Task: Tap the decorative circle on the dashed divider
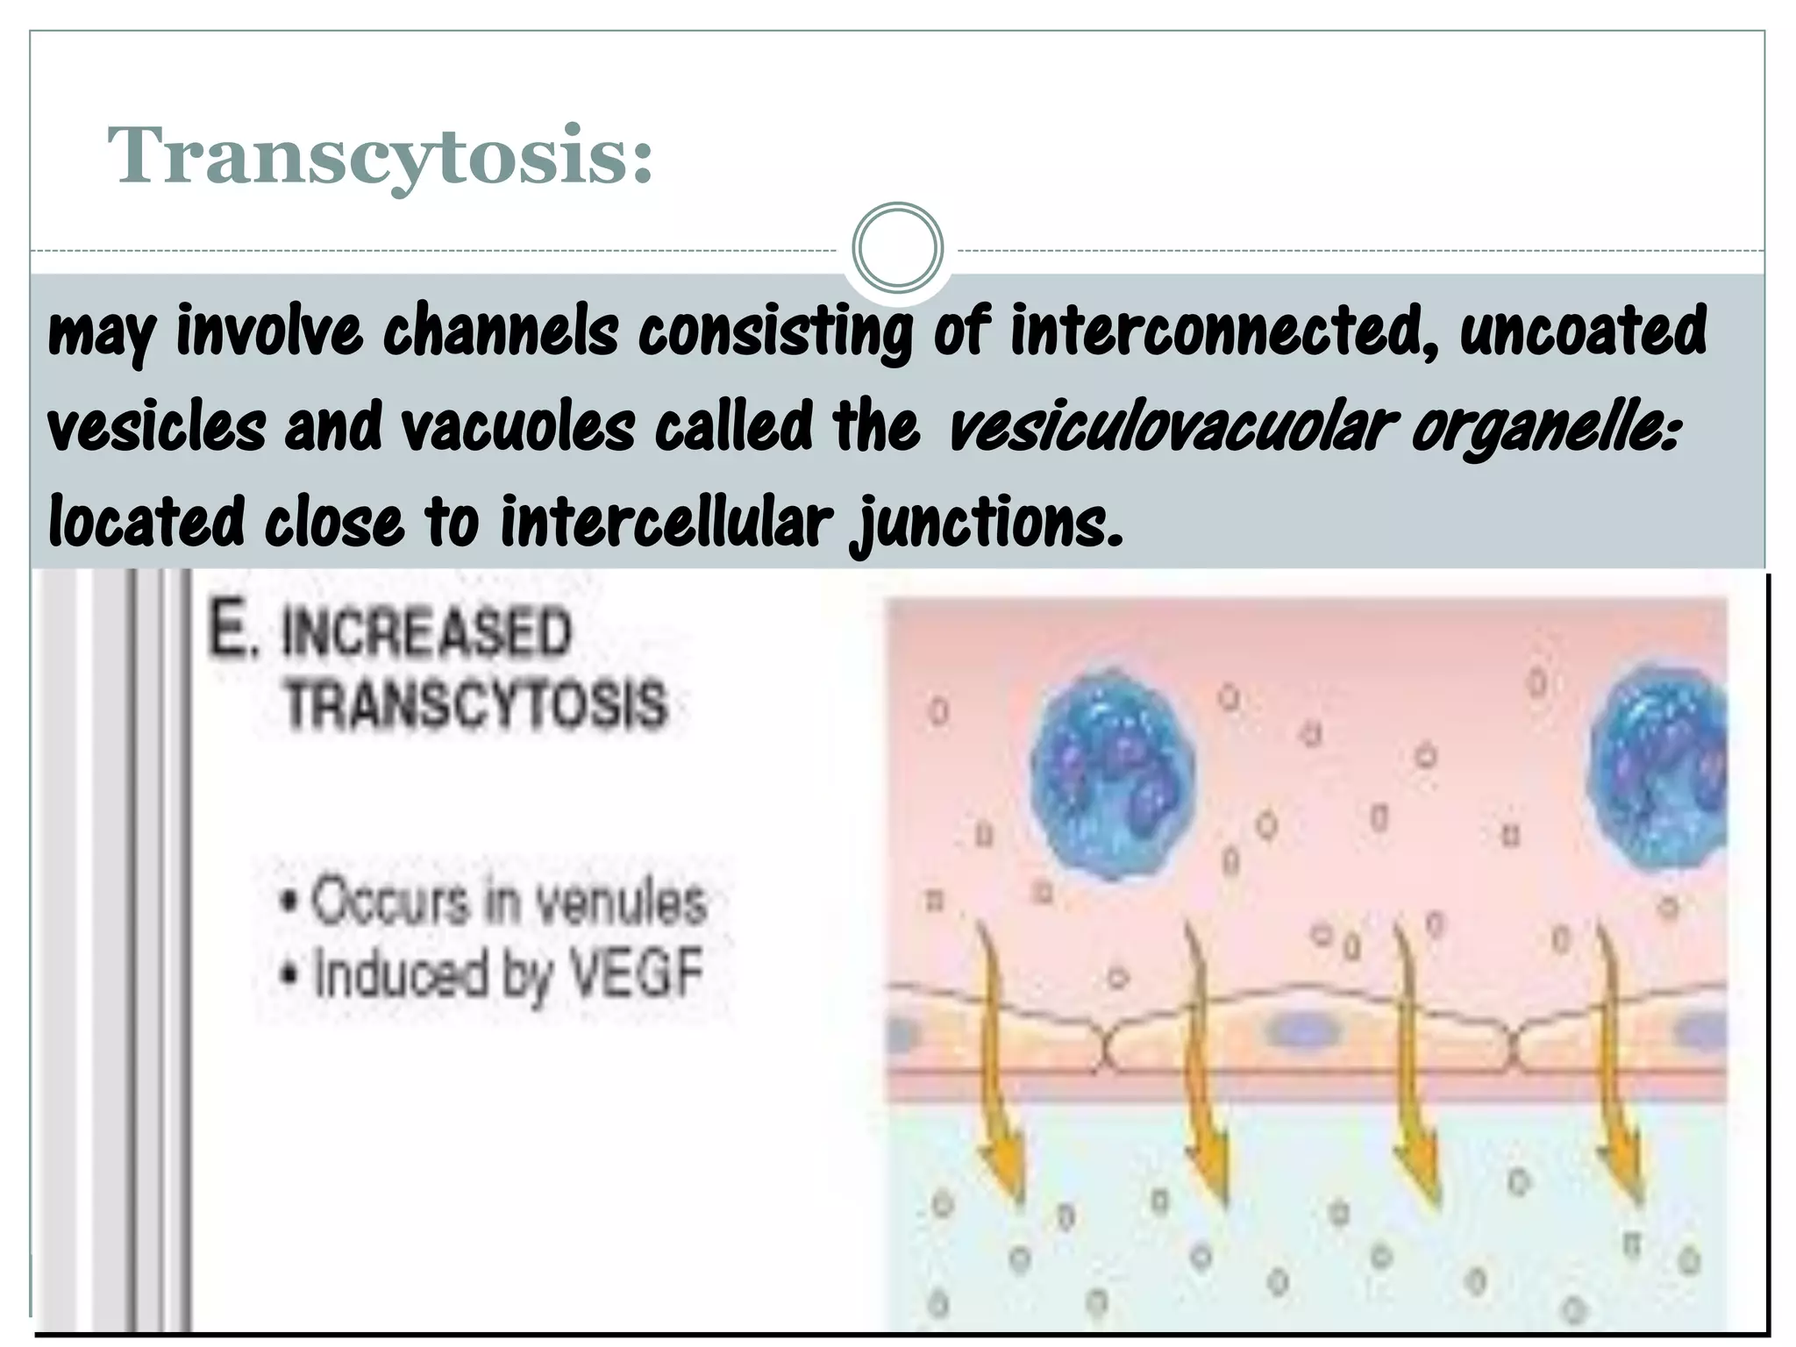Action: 897,248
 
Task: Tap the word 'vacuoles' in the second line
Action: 517,428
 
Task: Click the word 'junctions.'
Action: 986,524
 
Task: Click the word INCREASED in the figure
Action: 425,633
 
